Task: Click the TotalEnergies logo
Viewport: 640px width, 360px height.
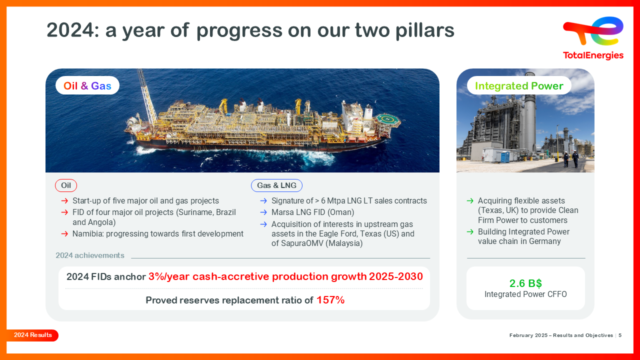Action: (593, 38)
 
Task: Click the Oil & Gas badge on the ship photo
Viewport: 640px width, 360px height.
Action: (87, 85)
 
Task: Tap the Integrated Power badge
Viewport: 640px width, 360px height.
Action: (519, 85)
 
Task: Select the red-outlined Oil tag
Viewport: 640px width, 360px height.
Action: (66, 185)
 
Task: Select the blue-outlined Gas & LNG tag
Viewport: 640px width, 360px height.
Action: (276, 185)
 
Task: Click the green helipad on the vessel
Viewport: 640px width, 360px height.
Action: (388, 119)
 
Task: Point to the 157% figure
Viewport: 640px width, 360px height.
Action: (330, 300)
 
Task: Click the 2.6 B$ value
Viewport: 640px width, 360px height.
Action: (525, 283)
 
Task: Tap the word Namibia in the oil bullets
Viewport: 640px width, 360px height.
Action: (87, 233)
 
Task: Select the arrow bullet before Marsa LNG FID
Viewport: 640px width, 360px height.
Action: (263, 212)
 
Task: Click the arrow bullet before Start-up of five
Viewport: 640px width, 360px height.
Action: (64, 200)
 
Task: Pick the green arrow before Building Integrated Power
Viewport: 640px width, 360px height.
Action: (470, 231)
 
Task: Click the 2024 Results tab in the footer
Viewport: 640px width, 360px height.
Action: (32, 335)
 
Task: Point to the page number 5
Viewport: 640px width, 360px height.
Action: (620, 335)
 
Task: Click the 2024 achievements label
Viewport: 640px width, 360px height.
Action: (90, 255)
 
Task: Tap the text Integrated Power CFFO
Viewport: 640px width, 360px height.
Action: (525, 294)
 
